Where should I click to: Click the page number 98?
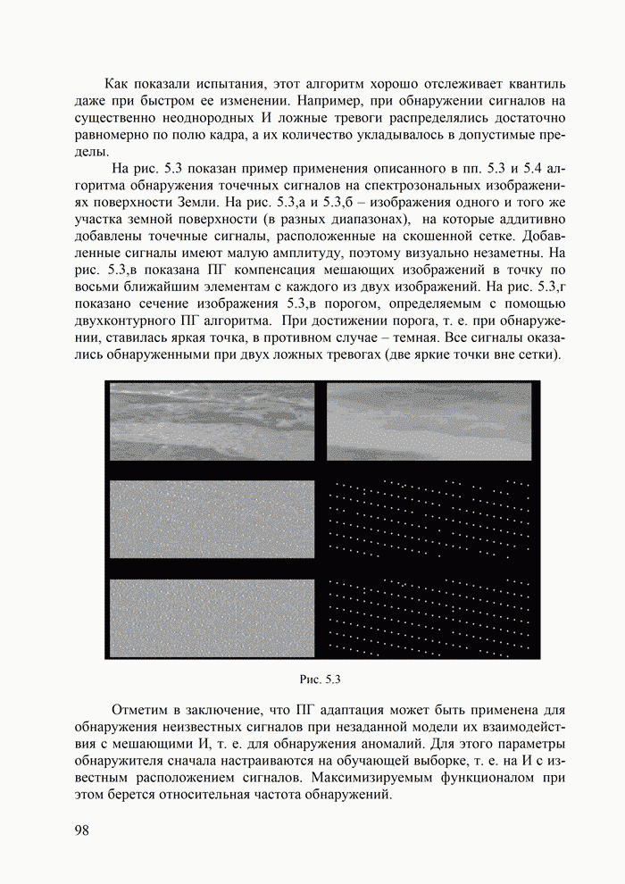(83, 831)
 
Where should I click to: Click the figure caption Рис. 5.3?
(321, 680)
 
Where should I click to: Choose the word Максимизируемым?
(379, 779)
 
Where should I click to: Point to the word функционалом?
(487, 779)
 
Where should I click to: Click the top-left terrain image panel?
(212, 421)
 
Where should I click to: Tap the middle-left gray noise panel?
(212, 520)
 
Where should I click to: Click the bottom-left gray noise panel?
(212, 616)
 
